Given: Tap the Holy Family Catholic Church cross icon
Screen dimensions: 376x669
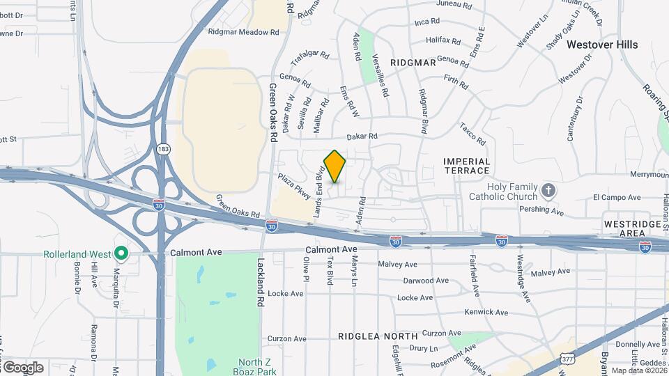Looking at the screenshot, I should (548, 190).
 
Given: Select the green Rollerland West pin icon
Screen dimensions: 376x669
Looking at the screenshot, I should (121, 254).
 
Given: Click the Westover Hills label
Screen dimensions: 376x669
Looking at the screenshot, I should (601, 45).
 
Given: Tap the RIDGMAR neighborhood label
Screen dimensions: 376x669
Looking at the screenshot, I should (413, 63).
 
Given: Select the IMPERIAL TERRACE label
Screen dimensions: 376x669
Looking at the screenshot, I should (467, 166).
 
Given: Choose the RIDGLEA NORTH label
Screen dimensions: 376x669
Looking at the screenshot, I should (378, 336).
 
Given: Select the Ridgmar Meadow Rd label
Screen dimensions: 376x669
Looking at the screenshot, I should (243, 32).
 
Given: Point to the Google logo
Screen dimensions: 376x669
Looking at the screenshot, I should (22, 368).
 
